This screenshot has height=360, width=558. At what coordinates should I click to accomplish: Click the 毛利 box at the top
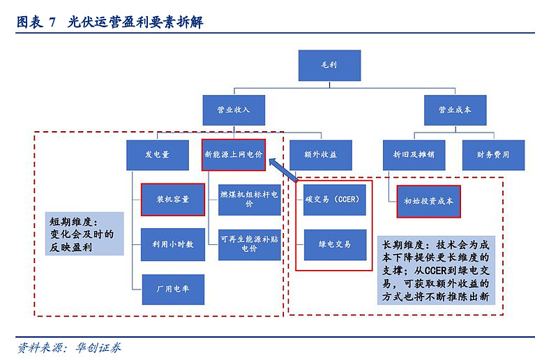tap(329, 65)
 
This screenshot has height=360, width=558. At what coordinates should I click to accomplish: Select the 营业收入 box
tap(234, 110)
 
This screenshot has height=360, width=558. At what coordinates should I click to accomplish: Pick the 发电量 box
tap(158, 155)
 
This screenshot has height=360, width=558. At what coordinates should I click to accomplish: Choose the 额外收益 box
tap(320, 155)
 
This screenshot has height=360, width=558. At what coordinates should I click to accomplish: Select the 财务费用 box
tap(494, 155)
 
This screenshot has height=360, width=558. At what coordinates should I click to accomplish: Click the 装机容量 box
tap(173, 200)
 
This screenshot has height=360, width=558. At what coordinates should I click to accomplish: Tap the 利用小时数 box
tap(173, 244)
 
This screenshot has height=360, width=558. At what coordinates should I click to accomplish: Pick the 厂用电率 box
tap(173, 288)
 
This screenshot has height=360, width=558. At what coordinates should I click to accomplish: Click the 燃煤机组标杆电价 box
tap(249, 199)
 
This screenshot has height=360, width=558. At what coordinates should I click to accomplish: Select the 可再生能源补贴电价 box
tap(249, 244)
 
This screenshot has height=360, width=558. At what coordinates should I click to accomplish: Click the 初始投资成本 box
tap(428, 201)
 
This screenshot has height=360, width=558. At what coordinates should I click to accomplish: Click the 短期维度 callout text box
tap(82, 234)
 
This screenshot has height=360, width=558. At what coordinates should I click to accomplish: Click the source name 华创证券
tap(93, 347)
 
